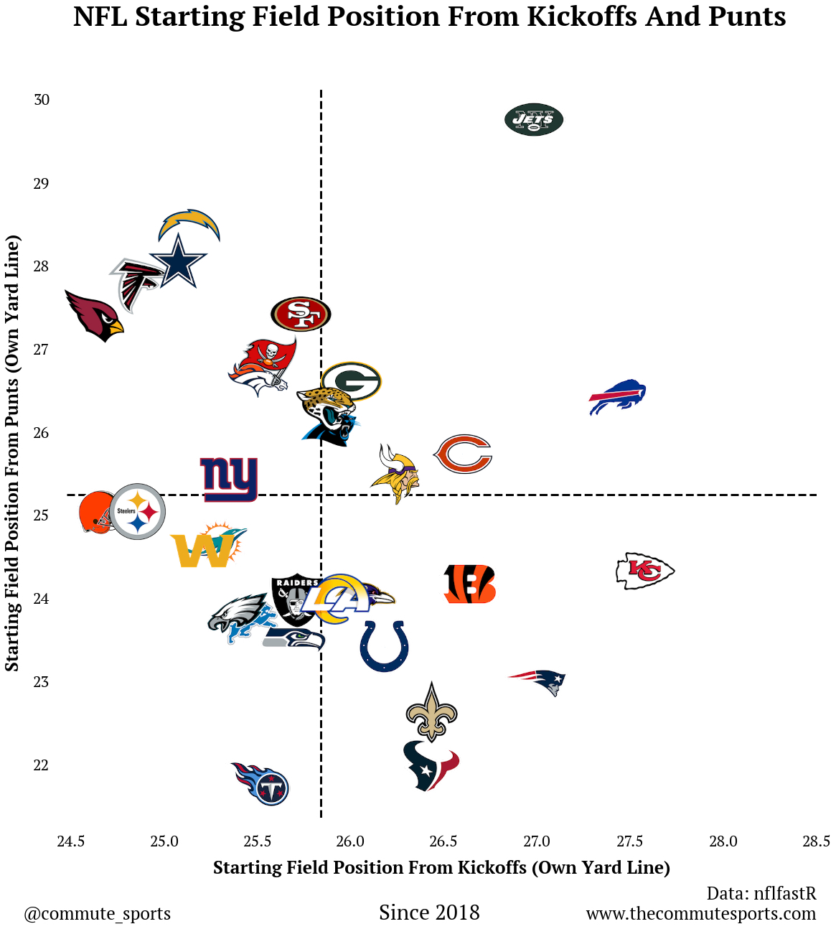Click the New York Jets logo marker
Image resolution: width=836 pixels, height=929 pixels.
[x=534, y=120]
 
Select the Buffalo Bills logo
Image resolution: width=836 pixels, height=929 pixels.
[x=617, y=396]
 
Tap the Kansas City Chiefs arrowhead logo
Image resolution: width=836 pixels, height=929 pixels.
[x=645, y=571]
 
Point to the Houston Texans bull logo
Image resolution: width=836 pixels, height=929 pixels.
[x=431, y=766]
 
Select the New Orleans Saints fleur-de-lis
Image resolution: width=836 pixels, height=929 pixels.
[x=431, y=712]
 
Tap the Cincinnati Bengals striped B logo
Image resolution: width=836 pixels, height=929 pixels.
[x=470, y=584]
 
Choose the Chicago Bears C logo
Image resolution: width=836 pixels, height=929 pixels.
[x=463, y=454]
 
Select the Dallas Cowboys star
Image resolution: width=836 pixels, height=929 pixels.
[x=178, y=262]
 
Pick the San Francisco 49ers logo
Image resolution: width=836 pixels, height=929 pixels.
[x=301, y=314]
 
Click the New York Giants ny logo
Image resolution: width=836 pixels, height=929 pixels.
[x=229, y=479]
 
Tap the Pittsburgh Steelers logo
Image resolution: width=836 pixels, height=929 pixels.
[x=137, y=511]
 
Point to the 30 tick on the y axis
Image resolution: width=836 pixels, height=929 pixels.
[x=42, y=100]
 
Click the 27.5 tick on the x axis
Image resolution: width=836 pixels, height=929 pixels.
[x=629, y=841]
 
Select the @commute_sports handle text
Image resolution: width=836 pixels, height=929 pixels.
[x=98, y=913]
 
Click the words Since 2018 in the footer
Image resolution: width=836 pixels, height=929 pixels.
[x=429, y=912]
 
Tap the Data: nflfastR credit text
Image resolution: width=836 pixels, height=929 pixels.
[x=761, y=893]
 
